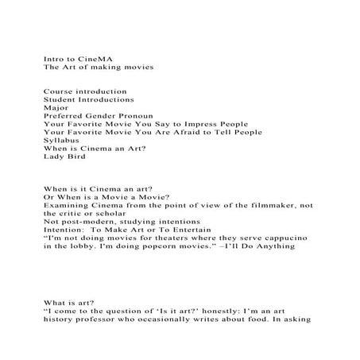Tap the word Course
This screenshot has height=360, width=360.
pyautogui.click(x=57, y=92)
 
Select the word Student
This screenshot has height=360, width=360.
pyautogui.click(x=60, y=100)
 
